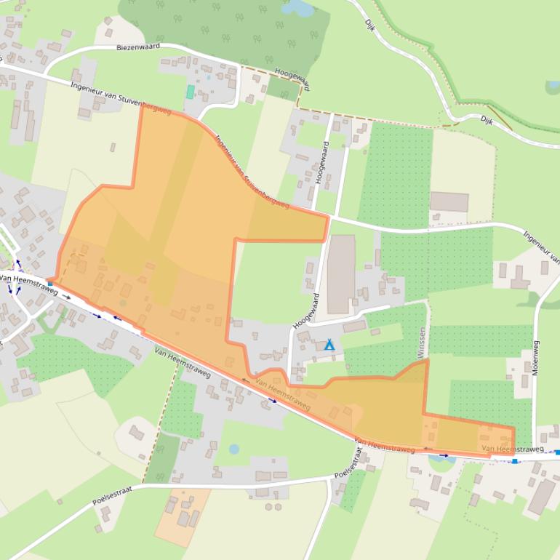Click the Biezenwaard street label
click(x=138, y=47)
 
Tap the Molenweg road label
click(x=536, y=357)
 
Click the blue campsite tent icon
click(x=329, y=345)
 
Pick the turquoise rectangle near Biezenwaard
click(x=190, y=92)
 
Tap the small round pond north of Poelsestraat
click(x=234, y=449)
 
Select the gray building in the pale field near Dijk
click(x=449, y=201)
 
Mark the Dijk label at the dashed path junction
click(x=487, y=121)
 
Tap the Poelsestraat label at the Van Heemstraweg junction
click(x=349, y=465)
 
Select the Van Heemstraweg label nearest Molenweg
click(x=512, y=449)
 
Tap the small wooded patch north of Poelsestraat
click(x=162, y=457)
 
